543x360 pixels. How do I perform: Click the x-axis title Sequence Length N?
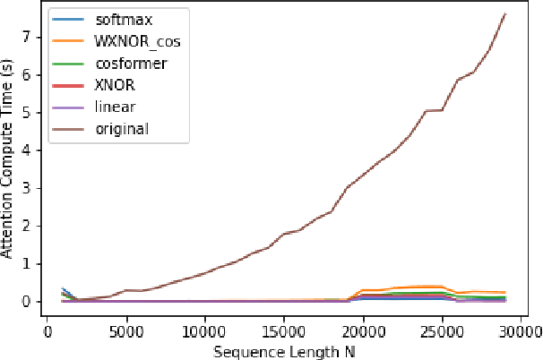click(x=284, y=351)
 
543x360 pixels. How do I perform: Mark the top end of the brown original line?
click(x=505, y=13)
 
